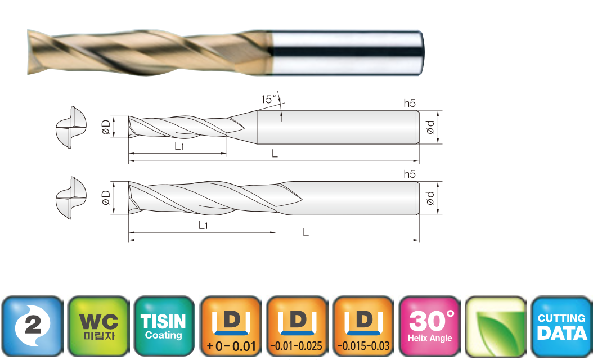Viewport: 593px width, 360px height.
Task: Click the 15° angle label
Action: [x=268, y=100]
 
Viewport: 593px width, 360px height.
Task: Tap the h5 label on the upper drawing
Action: [x=410, y=103]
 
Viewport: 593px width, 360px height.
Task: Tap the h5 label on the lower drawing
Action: [x=410, y=174]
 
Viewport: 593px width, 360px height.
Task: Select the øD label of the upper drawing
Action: [x=106, y=127]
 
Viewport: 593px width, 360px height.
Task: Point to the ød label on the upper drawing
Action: [x=430, y=127]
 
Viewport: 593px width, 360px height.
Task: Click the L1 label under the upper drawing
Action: [x=179, y=146]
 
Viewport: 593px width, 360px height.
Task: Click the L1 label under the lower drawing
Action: [x=203, y=226]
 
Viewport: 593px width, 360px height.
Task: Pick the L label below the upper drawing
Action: [x=275, y=153]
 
